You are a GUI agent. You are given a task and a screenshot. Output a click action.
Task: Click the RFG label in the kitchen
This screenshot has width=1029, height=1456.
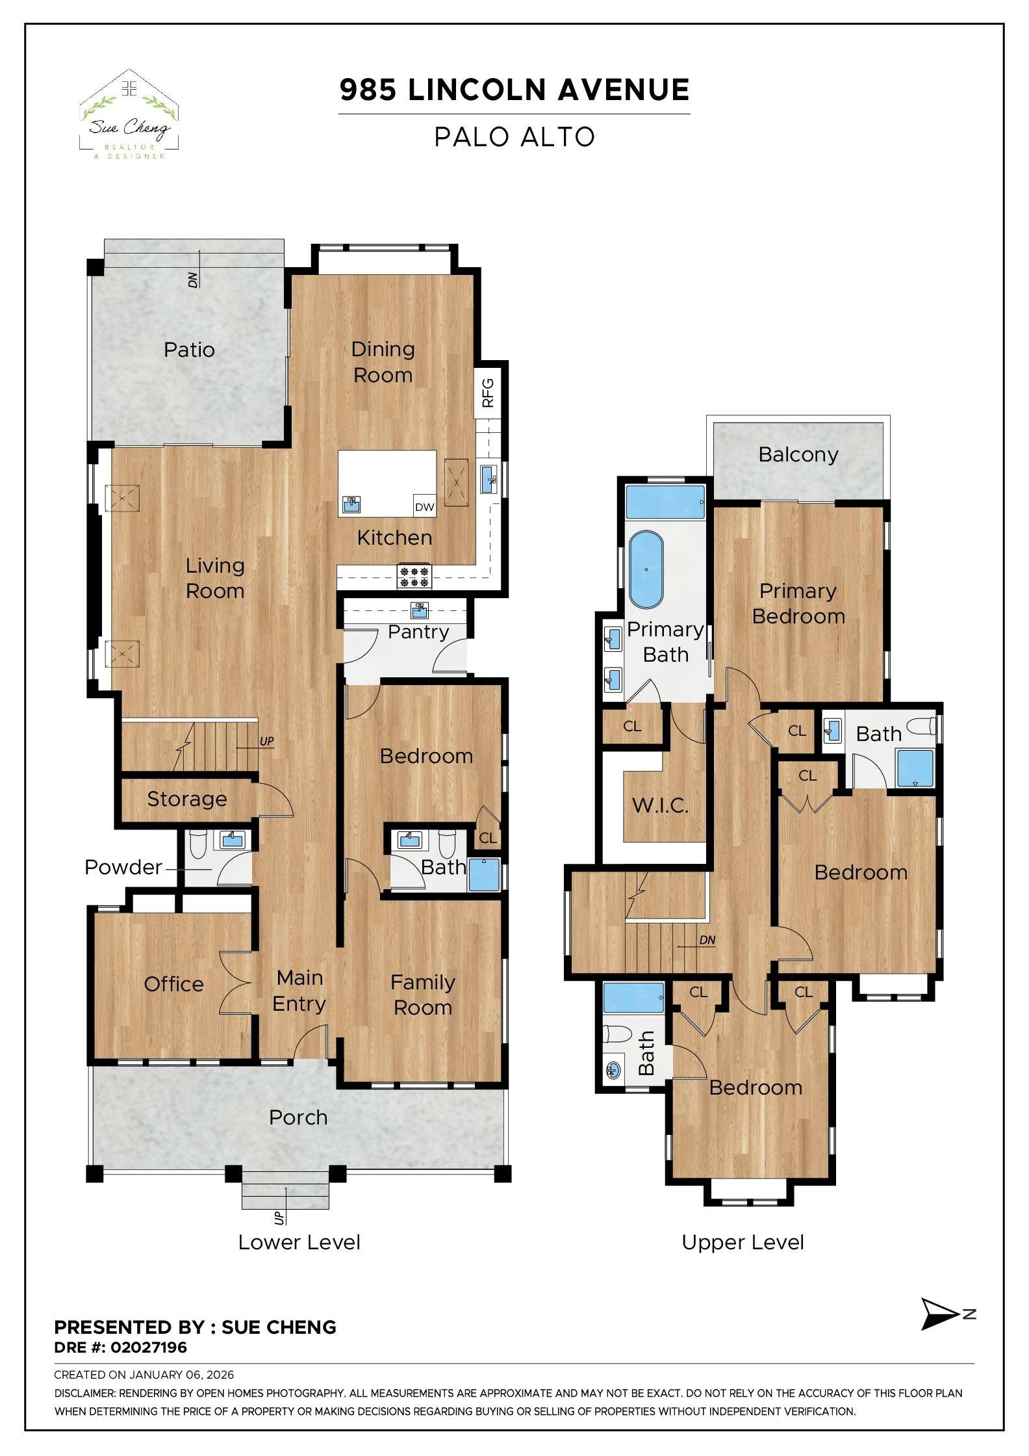pyautogui.click(x=488, y=393)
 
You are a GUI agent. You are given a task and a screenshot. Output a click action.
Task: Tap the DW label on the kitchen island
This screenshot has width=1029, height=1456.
pyautogui.click(x=424, y=507)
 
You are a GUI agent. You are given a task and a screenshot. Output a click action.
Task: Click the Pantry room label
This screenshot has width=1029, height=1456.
pyautogui.click(x=418, y=632)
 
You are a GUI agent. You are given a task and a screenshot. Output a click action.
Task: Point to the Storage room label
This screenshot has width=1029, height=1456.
pyautogui.click(x=187, y=799)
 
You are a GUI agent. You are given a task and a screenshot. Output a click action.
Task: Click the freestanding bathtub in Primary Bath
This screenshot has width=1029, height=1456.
pyautogui.click(x=646, y=569)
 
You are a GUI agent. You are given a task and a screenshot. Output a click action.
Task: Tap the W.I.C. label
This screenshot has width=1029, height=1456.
pyautogui.click(x=660, y=806)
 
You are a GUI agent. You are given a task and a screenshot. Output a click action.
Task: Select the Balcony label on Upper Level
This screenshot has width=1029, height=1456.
pyautogui.click(x=798, y=454)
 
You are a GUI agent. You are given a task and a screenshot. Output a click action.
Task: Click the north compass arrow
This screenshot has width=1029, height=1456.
pyautogui.click(x=939, y=1314)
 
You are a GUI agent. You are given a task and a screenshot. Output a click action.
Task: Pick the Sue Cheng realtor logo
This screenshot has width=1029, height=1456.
pyautogui.click(x=129, y=116)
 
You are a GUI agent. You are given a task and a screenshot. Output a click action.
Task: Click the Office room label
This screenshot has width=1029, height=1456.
pyautogui.click(x=173, y=984)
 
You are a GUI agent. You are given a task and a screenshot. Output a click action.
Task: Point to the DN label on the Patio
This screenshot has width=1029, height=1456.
pyautogui.click(x=193, y=279)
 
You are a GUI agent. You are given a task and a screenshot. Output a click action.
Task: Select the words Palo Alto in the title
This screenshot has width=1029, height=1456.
pyautogui.click(x=514, y=137)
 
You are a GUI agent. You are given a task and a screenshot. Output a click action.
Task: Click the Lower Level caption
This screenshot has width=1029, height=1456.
pyautogui.click(x=299, y=1242)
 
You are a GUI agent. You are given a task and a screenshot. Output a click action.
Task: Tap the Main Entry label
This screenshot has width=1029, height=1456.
pyautogui.click(x=299, y=991)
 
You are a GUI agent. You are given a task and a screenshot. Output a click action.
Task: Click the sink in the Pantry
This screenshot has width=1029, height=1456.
pyautogui.click(x=419, y=610)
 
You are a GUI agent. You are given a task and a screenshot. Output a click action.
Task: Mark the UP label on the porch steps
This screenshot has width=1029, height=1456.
pyautogui.click(x=279, y=1217)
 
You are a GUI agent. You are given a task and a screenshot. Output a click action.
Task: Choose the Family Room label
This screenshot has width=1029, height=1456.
pyautogui.click(x=423, y=994)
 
